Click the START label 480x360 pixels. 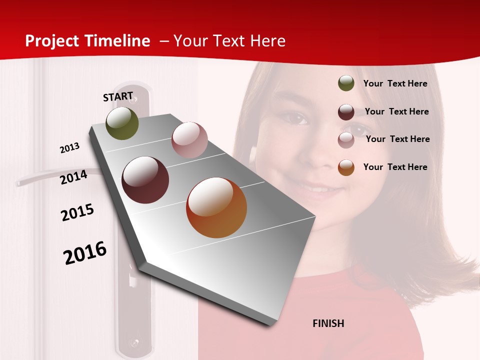118,96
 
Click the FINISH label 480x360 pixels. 328,323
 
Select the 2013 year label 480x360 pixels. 69,148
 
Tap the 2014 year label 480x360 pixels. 73,177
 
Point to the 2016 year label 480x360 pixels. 85,253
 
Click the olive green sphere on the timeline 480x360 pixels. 122,123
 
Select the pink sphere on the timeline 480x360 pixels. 189,139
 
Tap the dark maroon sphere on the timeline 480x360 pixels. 145,179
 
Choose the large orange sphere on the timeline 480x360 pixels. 216,207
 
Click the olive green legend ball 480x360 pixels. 346,83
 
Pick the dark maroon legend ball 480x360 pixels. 346,112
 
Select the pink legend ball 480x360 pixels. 346,140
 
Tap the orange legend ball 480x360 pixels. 346,167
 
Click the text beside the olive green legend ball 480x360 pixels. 395,84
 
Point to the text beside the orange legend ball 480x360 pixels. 395,167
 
